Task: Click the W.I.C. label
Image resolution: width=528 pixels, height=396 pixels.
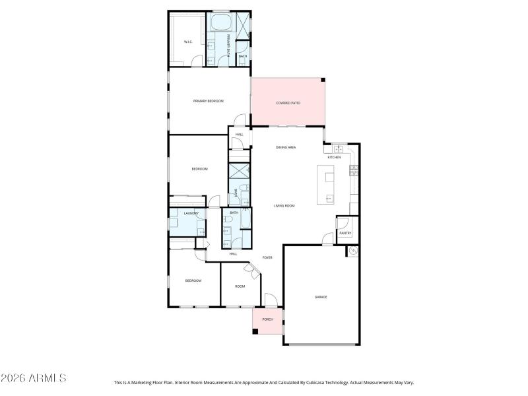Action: point(187,42)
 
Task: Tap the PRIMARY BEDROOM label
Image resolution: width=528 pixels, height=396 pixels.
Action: point(208,101)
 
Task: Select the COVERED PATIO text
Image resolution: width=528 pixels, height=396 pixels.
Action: point(288,104)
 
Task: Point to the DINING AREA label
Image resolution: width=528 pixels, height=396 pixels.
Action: point(285,147)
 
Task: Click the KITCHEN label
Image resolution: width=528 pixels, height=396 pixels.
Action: point(335,157)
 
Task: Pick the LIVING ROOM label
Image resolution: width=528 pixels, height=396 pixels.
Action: point(284,206)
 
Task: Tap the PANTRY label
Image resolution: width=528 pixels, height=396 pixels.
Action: point(345,233)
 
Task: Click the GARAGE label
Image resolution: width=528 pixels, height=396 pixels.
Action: point(321,297)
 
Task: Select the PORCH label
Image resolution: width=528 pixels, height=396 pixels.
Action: point(267,319)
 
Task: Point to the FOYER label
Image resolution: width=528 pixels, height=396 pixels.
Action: point(267,257)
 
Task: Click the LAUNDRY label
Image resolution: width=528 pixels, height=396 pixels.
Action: point(191,213)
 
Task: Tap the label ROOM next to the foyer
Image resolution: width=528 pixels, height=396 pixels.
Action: point(240,286)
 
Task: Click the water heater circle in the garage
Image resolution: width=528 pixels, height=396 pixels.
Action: point(353,251)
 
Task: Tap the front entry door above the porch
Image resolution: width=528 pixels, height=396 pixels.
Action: point(271,301)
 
